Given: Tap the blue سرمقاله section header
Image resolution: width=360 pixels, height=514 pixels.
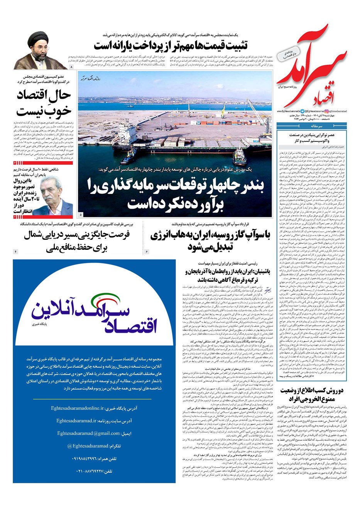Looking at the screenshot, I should click(312, 126).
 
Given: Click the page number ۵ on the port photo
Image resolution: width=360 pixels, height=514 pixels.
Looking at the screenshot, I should click(81, 214).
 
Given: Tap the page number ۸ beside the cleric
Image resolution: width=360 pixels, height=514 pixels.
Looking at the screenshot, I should click(71, 67).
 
